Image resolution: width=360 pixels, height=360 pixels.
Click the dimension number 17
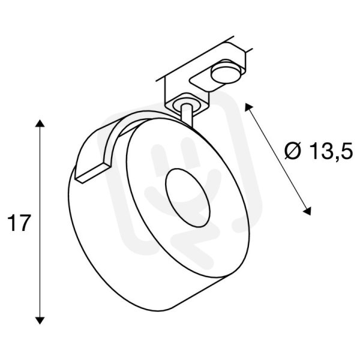click(x=19, y=223)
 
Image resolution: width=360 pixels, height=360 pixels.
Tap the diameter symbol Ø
click(x=293, y=151)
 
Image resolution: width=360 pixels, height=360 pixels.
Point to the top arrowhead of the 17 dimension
click(x=40, y=123)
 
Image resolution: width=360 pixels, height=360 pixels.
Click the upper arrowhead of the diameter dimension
click(x=248, y=107)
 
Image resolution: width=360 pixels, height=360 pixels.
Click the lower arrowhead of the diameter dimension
click(x=307, y=211)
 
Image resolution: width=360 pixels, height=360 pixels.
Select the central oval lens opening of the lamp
click(x=188, y=197)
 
